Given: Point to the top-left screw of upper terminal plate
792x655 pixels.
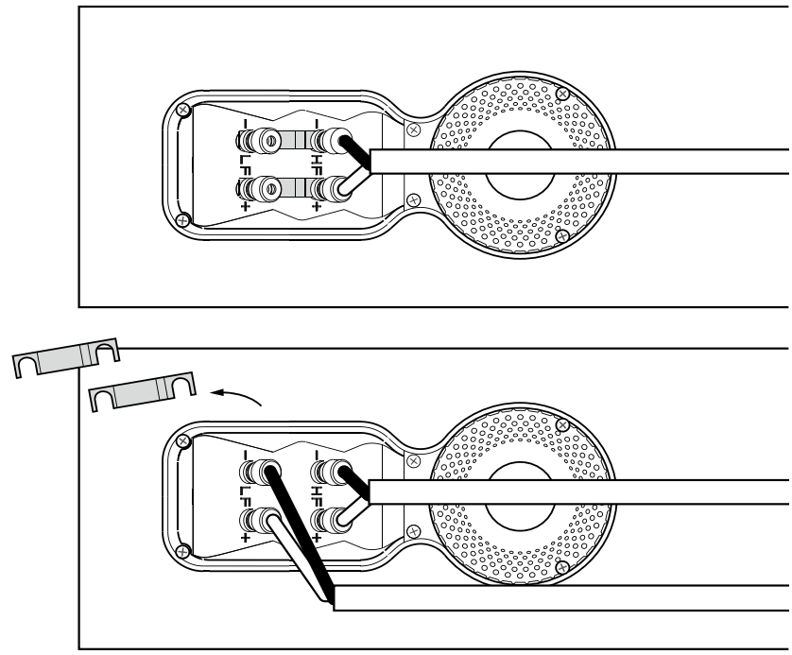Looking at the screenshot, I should click(x=185, y=112).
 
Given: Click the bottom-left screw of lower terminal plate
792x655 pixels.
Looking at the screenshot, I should click(x=185, y=549).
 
